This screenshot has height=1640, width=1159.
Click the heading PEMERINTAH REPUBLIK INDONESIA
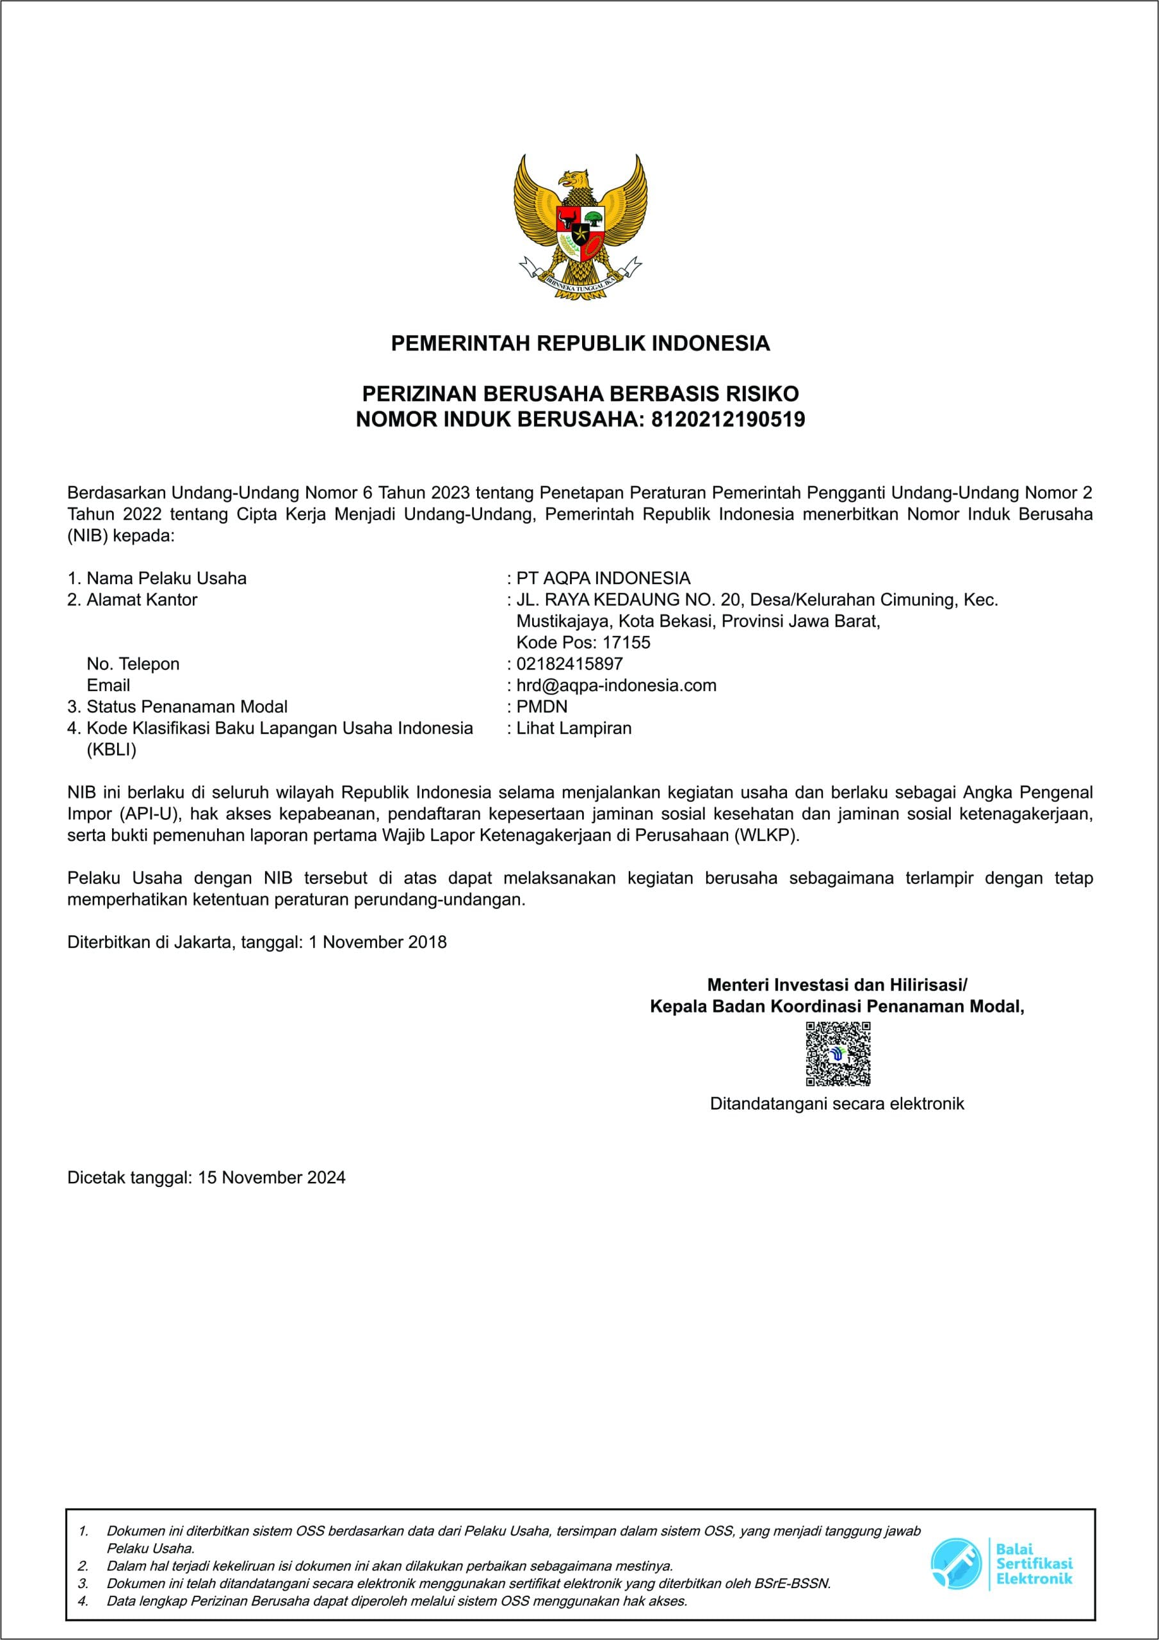[580, 343]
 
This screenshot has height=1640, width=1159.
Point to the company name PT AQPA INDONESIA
[603, 578]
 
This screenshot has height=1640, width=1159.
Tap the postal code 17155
[626, 642]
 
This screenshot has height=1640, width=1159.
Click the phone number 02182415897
[569, 664]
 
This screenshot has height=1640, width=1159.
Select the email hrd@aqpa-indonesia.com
[615, 685]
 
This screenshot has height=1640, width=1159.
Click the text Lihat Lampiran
[574, 728]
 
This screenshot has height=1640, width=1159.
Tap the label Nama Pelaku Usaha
[166, 578]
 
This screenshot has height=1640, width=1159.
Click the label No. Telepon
[133, 664]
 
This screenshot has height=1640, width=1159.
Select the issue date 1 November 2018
[377, 942]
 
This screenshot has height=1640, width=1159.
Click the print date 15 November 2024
[272, 1177]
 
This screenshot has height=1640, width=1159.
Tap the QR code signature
[838, 1054]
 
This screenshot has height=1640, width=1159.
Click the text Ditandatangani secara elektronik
[836, 1104]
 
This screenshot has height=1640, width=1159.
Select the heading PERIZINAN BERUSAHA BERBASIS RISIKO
[580, 393]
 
